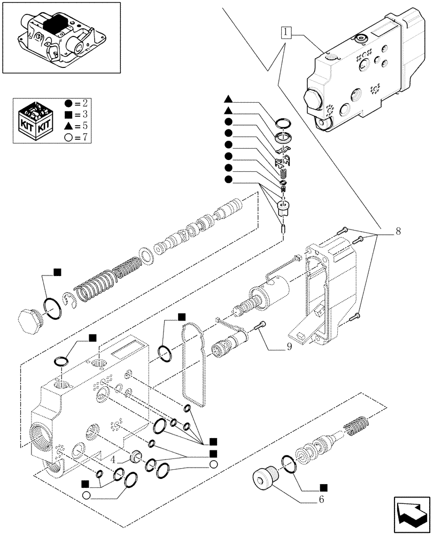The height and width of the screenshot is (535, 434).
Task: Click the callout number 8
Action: click(398, 232)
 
